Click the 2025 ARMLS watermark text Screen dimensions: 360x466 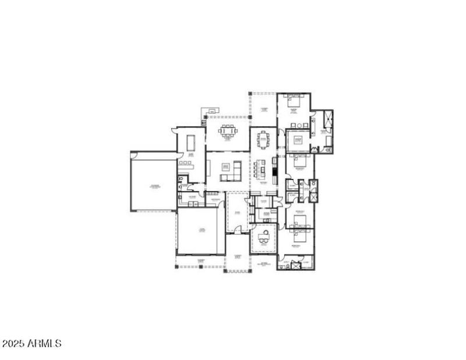(x=31, y=344)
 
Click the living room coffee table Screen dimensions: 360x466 (x=226, y=167)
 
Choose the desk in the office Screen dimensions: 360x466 (x=264, y=236)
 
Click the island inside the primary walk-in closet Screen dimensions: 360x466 (x=298, y=140)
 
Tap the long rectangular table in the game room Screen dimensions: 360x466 (x=191, y=143)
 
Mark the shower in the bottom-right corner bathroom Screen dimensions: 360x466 (x=295, y=266)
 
